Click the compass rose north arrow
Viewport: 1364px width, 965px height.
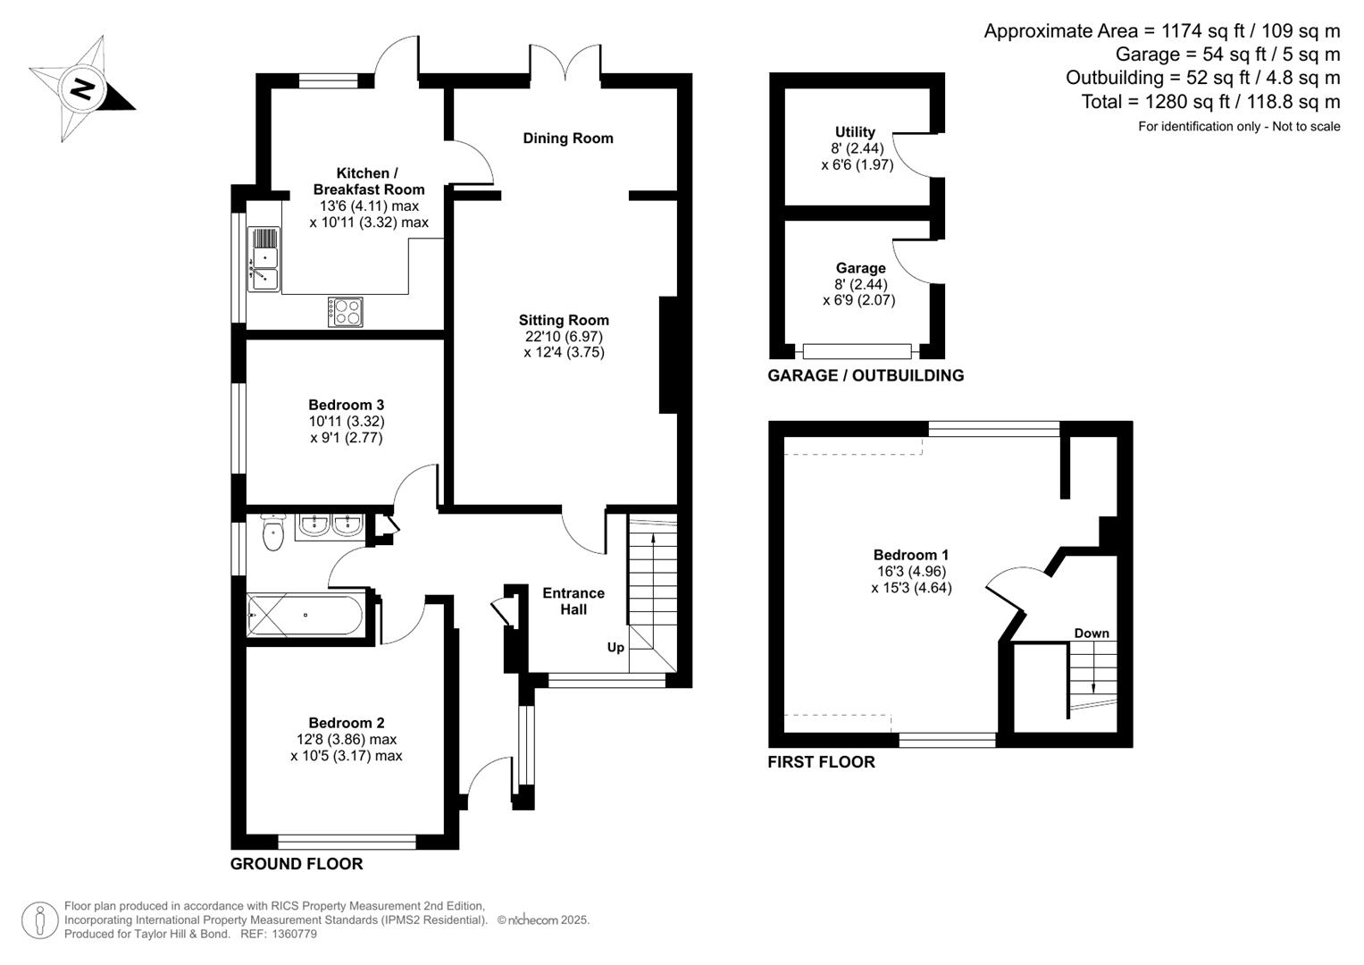coord(82,88)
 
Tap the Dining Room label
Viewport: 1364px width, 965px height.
coord(568,138)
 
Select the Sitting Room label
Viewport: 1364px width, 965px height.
coord(564,320)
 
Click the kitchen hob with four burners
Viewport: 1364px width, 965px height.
coord(346,311)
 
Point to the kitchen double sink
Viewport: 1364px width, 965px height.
coord(264,259)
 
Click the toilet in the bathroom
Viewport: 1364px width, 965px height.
coord(273,533)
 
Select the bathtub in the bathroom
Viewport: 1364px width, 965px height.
coord(305,615)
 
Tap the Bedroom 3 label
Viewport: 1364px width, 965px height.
coord(346,405)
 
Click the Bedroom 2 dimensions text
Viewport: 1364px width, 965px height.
coord(346,748)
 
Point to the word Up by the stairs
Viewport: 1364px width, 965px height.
coord(615,647)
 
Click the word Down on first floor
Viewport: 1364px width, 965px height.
coord(1092,633)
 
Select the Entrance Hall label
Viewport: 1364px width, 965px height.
coord(573,600)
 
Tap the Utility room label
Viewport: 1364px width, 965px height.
coord(855,132)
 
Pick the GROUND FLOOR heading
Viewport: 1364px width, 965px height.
coord(297,864)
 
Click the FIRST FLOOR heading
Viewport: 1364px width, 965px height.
coord(821,762)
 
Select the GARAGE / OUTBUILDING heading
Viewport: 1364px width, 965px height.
coord(866,376)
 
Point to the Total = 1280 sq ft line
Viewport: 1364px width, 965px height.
coord(1210,102)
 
